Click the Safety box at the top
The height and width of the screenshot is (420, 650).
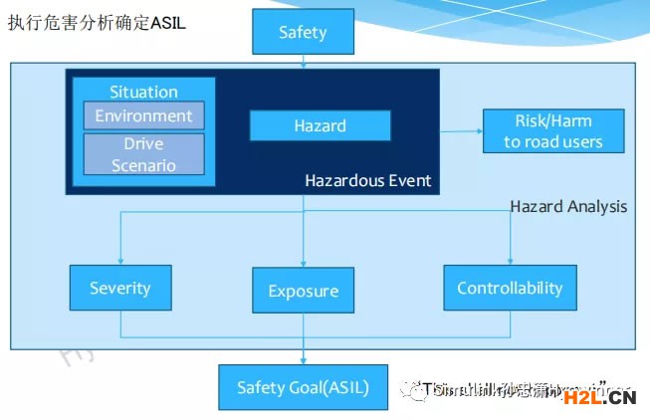click(x=303, y=33)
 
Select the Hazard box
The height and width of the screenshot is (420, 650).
click(x=320, y=125)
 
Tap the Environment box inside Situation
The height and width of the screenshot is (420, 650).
click(x=143, y=115)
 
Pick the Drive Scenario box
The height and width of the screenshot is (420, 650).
click(x=143, y=153)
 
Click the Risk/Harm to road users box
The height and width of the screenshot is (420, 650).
click(x=552, y=131)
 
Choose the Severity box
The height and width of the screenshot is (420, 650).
click(x=119, y=288)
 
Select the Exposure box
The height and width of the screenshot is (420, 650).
click(x=303, y=292)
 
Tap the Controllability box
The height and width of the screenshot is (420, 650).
click(x=510, y=288)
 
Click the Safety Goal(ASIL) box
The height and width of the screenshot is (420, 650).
click(x=303, y=387)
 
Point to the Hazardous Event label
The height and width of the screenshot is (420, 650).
click(x=367, y=180)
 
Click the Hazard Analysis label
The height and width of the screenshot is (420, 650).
click(x=568, y=206)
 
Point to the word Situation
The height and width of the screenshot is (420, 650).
click(x=143, y=92)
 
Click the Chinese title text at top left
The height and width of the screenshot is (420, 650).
click(x=97, y=23)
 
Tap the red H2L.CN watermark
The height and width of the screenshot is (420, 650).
click(x=599, y=398)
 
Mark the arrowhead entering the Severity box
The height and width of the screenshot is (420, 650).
click(x=119, y=261)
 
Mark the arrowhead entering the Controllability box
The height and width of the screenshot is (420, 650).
click(x=510, y=261)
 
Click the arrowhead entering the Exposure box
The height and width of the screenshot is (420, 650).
click(x=303, y=265)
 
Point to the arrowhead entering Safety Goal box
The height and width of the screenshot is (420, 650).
click(x=303, y=360)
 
